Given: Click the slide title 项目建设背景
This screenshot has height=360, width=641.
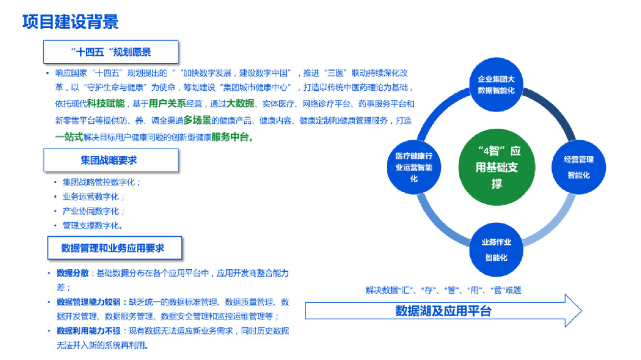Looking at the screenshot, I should [70, 23].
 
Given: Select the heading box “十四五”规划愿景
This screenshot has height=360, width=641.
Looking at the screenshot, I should [111, 52].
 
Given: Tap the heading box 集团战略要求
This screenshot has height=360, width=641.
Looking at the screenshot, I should [111, 160].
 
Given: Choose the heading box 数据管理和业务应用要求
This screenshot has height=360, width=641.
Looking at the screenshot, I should [113, 248].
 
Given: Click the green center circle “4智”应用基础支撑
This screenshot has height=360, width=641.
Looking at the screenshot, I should [497, 167].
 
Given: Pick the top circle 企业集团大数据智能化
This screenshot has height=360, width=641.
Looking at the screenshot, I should [496, 85].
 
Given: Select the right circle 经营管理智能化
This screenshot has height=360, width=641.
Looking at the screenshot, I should [578, 167].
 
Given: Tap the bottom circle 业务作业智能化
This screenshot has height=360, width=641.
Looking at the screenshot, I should [496, 249].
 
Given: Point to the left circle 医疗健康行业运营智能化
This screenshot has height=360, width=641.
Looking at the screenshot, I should [414, 167].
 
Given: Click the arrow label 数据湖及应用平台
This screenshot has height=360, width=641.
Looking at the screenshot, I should [443, 311].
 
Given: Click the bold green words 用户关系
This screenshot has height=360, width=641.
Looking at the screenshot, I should [167, 103].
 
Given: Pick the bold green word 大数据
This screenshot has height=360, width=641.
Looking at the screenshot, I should [240, 103].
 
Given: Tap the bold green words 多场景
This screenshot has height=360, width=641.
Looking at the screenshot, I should [197, 120].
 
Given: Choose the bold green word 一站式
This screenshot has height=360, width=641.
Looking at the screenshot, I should [69, 137].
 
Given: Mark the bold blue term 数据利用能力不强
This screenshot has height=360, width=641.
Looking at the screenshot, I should [88, 331].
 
